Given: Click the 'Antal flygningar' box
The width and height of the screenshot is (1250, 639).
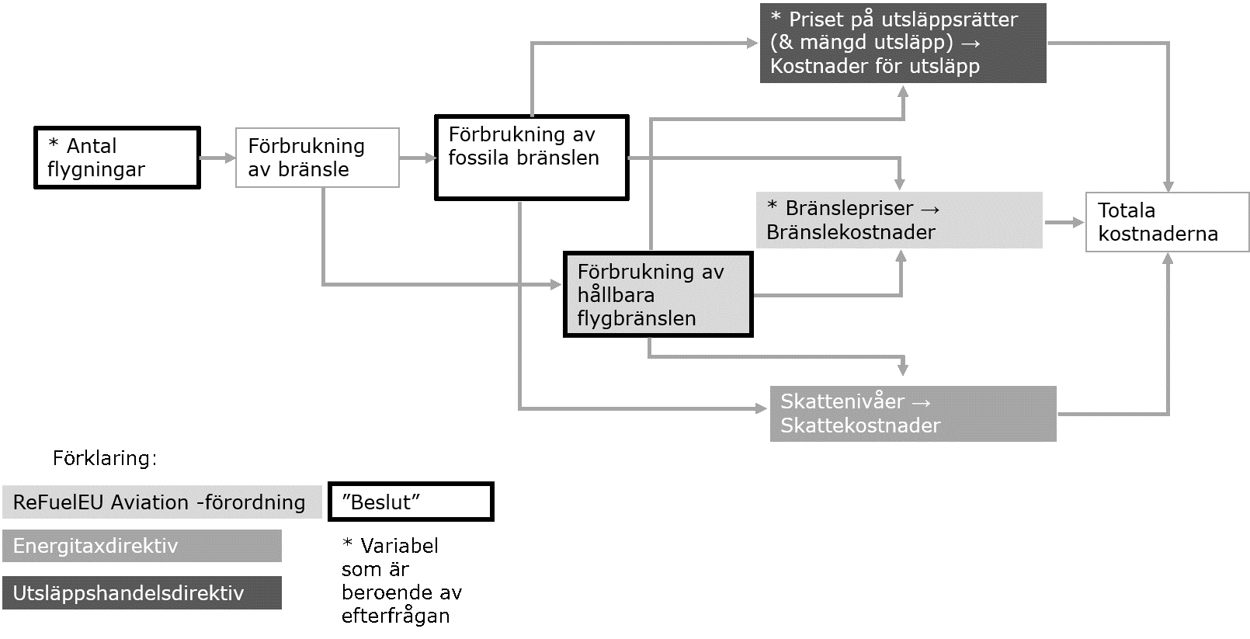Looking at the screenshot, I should pyautogui.click(x=117, y=158).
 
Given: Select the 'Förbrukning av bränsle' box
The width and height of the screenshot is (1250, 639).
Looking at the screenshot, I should pyautogui.click(x=318, y=158).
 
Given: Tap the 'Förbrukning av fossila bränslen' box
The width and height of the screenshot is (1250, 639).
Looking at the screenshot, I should pyautogui.click(x=532, y=158).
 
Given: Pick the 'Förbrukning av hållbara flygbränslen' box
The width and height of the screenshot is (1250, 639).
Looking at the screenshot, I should pyautogui.click(x=658, y=294).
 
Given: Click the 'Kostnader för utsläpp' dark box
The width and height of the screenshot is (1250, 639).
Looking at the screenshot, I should pyautogui.click(x=903, y=43).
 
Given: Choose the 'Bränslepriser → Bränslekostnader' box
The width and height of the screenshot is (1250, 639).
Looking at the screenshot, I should pyautogui.click(x=899, y=221).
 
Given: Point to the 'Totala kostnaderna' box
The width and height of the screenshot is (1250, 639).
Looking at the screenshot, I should pyautogui.click(x=1167, y=222).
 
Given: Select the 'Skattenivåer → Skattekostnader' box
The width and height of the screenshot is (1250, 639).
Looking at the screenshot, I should pyautogui.click(x=913, y=414).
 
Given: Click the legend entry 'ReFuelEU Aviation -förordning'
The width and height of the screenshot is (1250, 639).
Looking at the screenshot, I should pyautogui.click(x=162, y=502).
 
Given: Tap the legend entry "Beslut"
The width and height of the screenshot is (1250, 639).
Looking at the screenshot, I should pyautogui.click(x=411, y=502).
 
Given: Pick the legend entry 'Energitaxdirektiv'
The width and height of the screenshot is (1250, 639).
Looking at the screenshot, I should pyautogui.click(x=142, y=546).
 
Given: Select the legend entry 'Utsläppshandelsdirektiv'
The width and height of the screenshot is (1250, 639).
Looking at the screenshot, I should pyautogui.click(x=142, y=593).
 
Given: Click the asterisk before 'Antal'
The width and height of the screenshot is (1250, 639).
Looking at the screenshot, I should pyautogui.click(x=54, y=144).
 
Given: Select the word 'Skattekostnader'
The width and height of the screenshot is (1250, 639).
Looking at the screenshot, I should pyautogui.click(x=860, y=425).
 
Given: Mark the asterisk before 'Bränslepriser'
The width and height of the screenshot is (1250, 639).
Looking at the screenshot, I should pyautogui.click(x=773, y=207).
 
